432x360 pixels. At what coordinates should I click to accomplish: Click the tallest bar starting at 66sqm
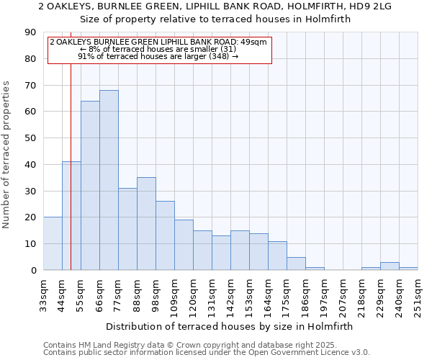(x=109, y=180)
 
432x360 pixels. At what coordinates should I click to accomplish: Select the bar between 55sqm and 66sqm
(x=90, y=186)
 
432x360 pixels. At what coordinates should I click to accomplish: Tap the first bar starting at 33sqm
(x=53, y=243)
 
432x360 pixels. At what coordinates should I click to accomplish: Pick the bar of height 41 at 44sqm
(x=71, y=216)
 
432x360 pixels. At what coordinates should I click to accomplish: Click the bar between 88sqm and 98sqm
(x=146, y=223)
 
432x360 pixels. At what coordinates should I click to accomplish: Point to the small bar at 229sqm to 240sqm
(x=390, y=266)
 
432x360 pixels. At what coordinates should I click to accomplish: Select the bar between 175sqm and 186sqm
(x=296, y=264)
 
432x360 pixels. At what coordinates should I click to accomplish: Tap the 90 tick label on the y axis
(x=30, y=32)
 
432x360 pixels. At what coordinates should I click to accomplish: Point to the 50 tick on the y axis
(x=30, y=138)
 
